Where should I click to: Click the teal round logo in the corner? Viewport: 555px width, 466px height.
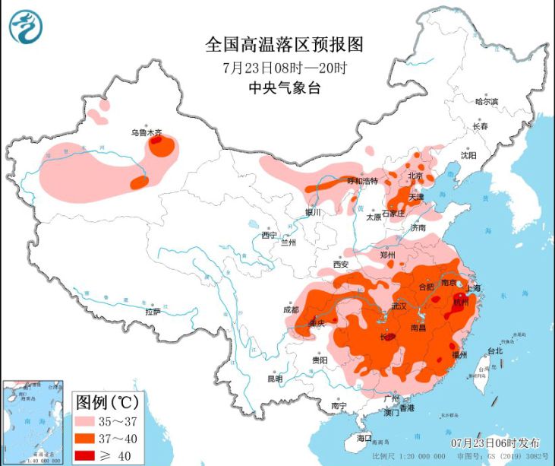26,27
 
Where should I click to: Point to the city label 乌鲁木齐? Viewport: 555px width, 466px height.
146,132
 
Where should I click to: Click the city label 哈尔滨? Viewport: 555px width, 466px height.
486,101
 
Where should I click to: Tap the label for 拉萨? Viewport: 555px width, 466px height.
153,311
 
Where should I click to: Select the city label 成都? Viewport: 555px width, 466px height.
291,309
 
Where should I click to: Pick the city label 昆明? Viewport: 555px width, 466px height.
274,378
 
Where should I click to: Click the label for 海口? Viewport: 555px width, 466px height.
364,438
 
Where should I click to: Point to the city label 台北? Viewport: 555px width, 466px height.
494,350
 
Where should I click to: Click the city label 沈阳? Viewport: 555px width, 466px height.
468,155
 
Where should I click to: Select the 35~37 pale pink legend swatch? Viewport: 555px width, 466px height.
90,421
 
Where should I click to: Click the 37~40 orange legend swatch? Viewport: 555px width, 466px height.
90,439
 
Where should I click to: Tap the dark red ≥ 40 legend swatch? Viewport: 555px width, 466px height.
90,455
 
